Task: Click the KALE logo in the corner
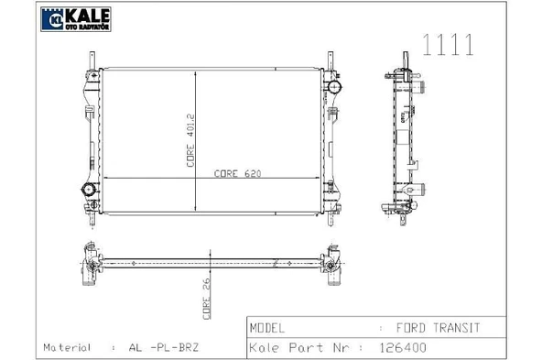tap(76, 19)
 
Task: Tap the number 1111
tap(448, 45)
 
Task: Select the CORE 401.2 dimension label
tap(190, 141)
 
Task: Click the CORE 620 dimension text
tap(237, 173)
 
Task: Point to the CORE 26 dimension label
tap(206, 299)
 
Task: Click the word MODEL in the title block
tap(266, 328)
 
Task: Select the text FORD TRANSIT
tap(438, 328)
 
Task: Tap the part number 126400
tap(403, 347)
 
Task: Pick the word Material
tap(67, 347)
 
